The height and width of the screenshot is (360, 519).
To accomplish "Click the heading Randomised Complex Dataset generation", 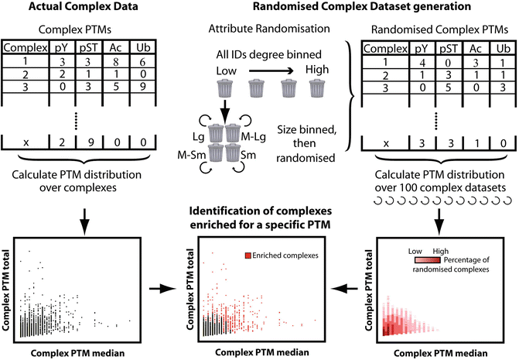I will pyautogui.click(x=360, y=9).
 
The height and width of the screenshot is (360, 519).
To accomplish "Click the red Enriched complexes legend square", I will pyautogui.click(x=248, y=255).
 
